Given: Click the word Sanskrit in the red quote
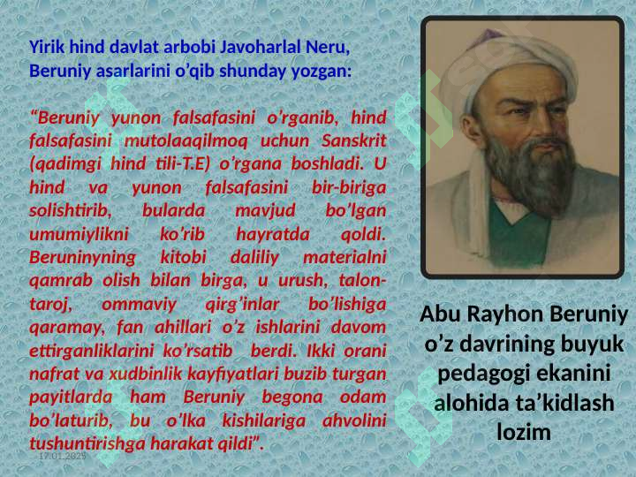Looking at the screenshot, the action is click(x=353, y=140).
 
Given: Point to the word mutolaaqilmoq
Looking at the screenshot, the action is click(x=185, y=141).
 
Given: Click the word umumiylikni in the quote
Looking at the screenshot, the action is click(x=79, y=234).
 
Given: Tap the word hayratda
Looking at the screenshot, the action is click(x=273, y=234).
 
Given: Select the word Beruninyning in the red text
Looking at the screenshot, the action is click(x=82, y=258).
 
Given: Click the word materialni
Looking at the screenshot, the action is click(x=344, y=257).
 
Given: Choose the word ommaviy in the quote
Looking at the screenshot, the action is click(x=139, y=305).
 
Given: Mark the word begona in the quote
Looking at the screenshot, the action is click(x=292, y=397).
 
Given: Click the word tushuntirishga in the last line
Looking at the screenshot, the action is click(x=87, y=443).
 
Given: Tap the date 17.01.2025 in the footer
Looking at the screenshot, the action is click(x=63, y=456).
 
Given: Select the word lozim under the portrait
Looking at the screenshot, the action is click(x=524, y=432).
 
